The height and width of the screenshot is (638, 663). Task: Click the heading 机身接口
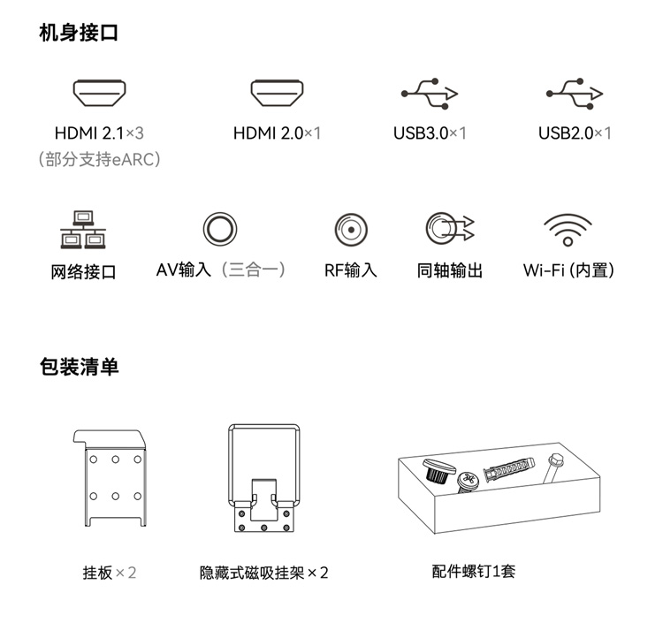[x=79, y=33]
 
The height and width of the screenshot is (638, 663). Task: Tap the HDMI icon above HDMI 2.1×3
[x=99, y=93]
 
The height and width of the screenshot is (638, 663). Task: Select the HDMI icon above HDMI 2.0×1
[x=277, y=93]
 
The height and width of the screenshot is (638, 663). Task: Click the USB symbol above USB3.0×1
[x=430, y=94]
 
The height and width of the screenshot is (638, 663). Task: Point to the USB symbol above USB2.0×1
[x=575, y=94]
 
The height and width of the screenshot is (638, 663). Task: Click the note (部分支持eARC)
[x=99, y=159]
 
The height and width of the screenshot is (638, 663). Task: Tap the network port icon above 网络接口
[x=83, y=230]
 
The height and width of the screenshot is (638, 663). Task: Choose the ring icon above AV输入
[x=220, y=229]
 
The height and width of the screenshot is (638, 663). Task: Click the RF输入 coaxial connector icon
[x=351, y=230]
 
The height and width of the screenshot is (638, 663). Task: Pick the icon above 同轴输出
[x=450, y=228]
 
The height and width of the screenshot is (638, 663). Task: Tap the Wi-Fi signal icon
[x=568, y=230]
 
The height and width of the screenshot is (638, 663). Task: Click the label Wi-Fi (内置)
[x=568, y=270]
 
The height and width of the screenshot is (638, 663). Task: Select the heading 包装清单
[x=79, y=367]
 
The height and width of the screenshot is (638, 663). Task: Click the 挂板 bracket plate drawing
[x=110, y=478]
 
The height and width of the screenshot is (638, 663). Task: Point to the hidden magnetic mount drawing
[x=263, y=478]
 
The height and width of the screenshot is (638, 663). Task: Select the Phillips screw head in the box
[x=468, y=482]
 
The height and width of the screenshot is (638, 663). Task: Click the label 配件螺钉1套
[x=474, y=571]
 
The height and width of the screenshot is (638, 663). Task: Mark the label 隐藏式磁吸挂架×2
[x=263, y=573]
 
